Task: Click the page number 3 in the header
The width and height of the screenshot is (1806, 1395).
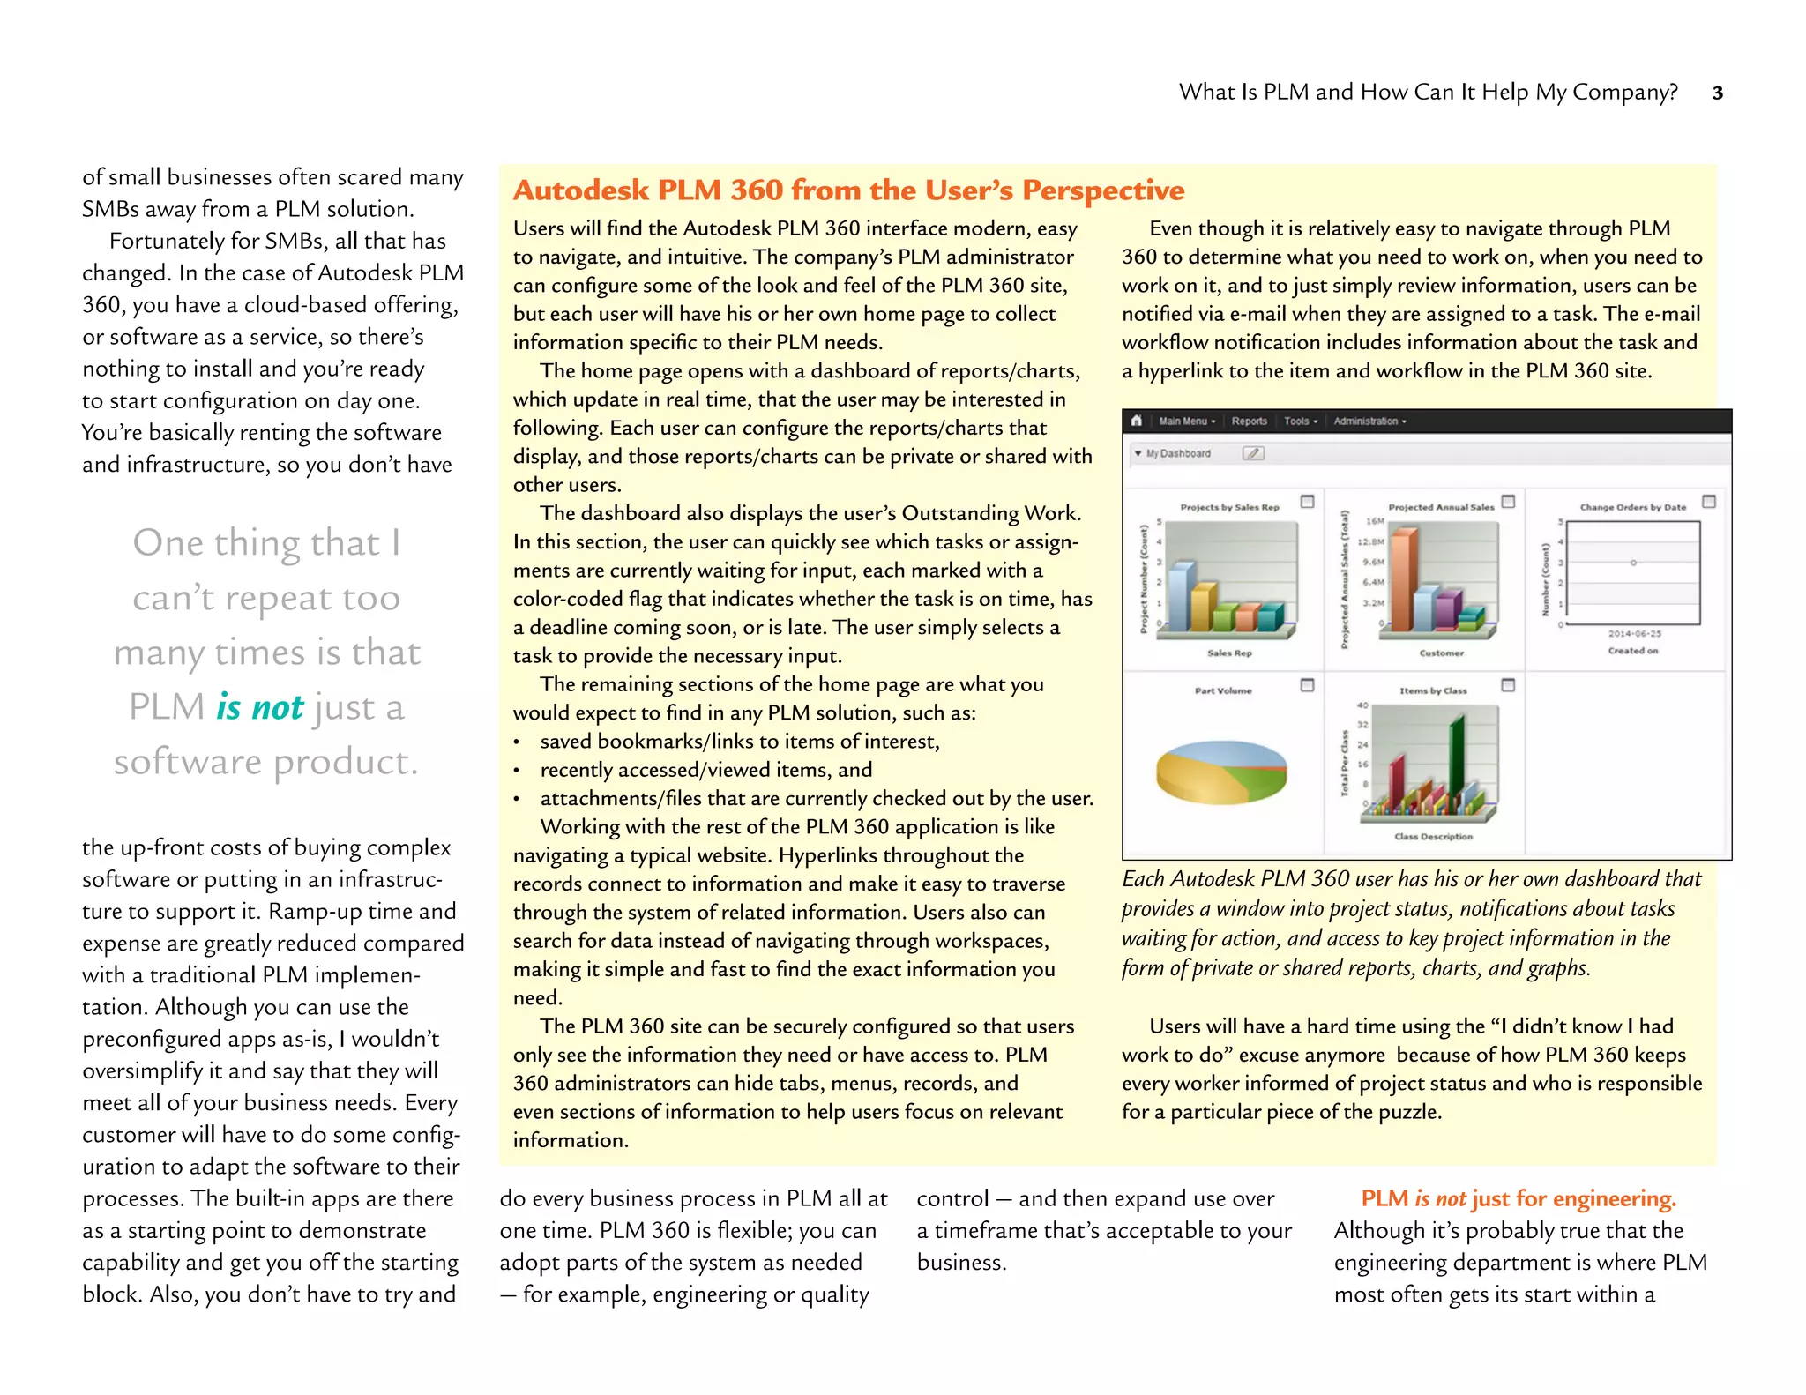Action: tap(1717, 93)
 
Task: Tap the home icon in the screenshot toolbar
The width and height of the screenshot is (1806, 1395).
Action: tap(1137, 421)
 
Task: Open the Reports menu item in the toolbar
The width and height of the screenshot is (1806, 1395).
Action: tap(1249, 421)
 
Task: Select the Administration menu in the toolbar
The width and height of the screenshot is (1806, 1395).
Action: tap(1369, 421)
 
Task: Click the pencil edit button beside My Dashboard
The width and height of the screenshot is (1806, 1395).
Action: tap(1253, 453)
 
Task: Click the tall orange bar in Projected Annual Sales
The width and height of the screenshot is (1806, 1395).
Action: tap(1404, 578)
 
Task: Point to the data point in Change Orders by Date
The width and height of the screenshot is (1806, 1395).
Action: tap(1633, 563)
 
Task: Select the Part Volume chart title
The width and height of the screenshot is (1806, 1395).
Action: tap(1223, 690)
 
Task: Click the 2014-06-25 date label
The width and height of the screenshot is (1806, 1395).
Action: tap(1634, 633)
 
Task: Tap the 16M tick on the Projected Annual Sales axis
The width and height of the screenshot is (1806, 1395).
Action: tap(1375, 521)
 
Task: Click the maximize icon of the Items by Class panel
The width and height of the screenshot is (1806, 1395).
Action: tap(1508, 685)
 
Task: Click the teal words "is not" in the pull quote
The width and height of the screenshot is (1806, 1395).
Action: tap(259, 707)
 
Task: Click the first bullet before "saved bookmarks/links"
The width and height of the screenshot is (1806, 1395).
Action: tap(517, 742)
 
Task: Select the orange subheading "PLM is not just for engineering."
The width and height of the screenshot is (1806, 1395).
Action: tap(1519, 1198)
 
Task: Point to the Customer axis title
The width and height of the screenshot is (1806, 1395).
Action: tap(1441, 653)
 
